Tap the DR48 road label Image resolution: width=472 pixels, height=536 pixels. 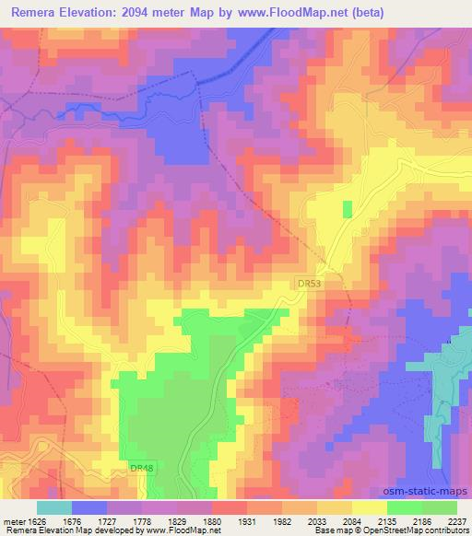click(x=142, y=468)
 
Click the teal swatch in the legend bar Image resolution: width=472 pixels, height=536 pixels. click(x=54, y=507)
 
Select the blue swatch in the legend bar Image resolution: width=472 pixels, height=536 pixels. click(x=89, y=507)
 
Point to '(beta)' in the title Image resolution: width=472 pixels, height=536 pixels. click(x=366, y=13)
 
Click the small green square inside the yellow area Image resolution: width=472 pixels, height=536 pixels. click(x=348, y=209)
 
